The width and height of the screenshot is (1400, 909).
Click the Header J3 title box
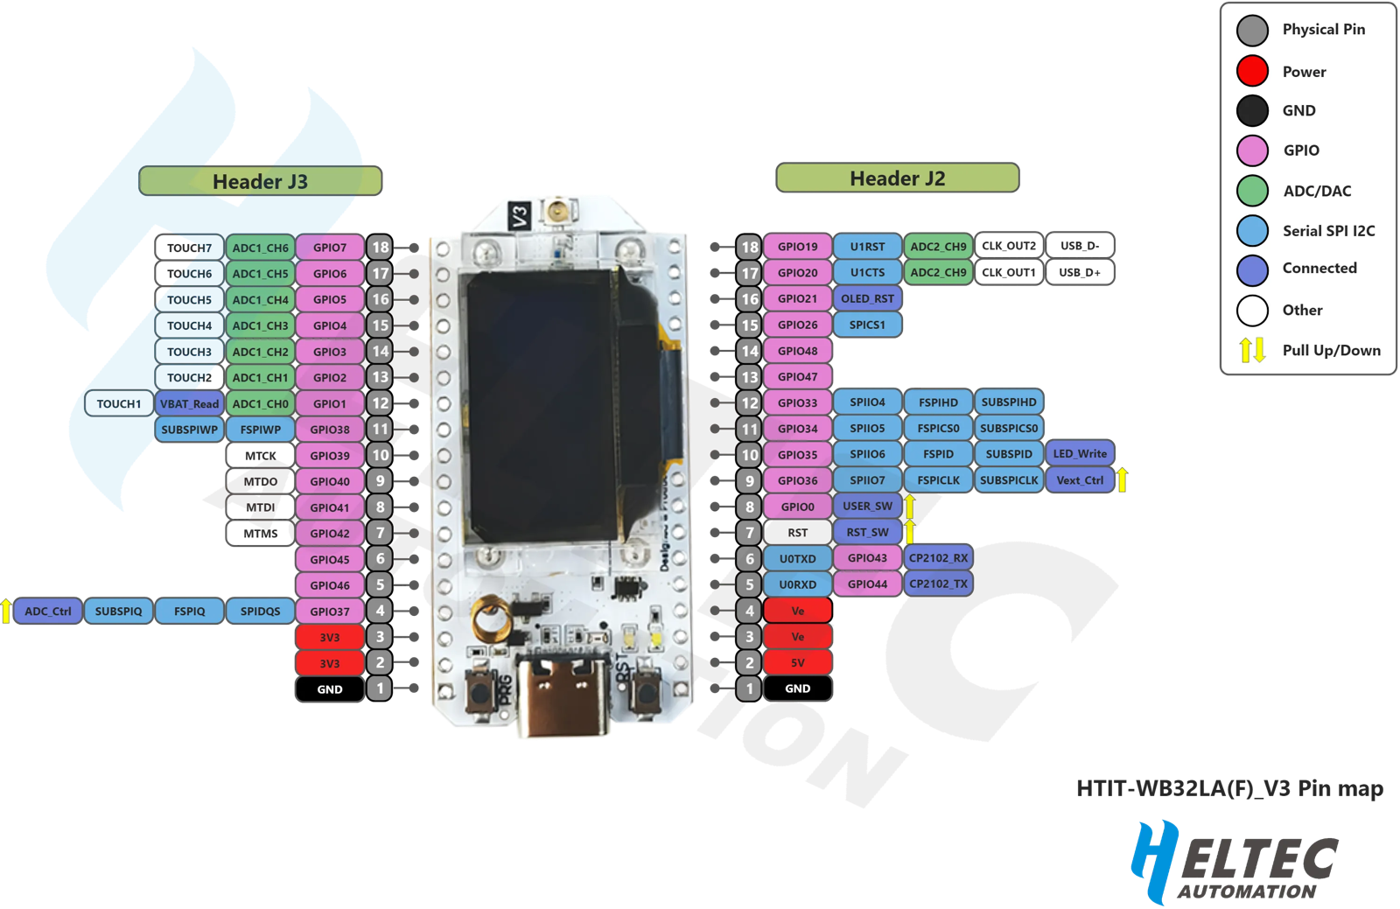(260, 181)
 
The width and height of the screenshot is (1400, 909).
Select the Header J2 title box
(897, 178)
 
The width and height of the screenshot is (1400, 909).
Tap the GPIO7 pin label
(330, 248)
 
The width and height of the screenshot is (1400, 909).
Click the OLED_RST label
(867, 298)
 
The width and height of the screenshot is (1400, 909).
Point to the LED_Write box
(1080, 453)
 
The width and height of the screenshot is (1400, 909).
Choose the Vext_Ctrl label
(1080, 479)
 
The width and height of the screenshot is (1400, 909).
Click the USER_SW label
(867, 506)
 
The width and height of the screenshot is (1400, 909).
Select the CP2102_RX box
(938, 557)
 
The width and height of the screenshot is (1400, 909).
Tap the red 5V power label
(797, 662)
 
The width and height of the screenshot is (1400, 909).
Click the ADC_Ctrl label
(48, 611)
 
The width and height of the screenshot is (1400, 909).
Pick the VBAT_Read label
(189, 403)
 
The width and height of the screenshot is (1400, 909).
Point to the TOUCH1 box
(118, 403)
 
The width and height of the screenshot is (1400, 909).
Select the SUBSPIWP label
(189, 430)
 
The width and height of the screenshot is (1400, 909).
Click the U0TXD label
(797, 558)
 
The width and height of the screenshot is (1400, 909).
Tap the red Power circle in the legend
(1252, 71)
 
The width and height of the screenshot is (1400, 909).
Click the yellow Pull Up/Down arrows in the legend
(1252, 350)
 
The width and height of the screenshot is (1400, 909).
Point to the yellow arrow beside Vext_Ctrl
(1122, 479)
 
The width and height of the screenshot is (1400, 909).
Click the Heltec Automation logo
(1234, 862)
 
